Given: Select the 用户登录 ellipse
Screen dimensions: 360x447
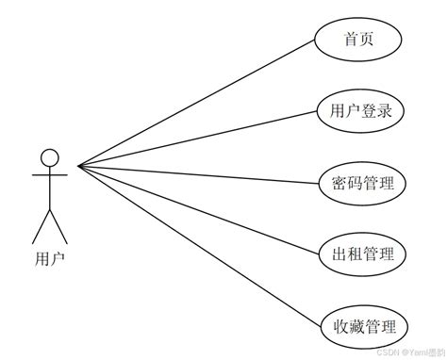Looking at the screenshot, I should coord(361,111).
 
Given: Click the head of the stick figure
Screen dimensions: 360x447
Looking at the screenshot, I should coord(50,157).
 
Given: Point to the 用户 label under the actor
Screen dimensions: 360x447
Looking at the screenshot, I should coord(50,255).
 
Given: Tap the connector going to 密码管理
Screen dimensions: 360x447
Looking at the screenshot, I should coord(198,174).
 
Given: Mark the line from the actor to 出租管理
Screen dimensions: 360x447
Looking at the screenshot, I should coord(198,209).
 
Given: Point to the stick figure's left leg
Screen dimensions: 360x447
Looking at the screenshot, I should coord(41,226).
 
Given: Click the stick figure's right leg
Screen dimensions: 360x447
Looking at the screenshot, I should coord(59,226).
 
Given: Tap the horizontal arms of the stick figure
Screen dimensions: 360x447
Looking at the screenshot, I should coord(50,174).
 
